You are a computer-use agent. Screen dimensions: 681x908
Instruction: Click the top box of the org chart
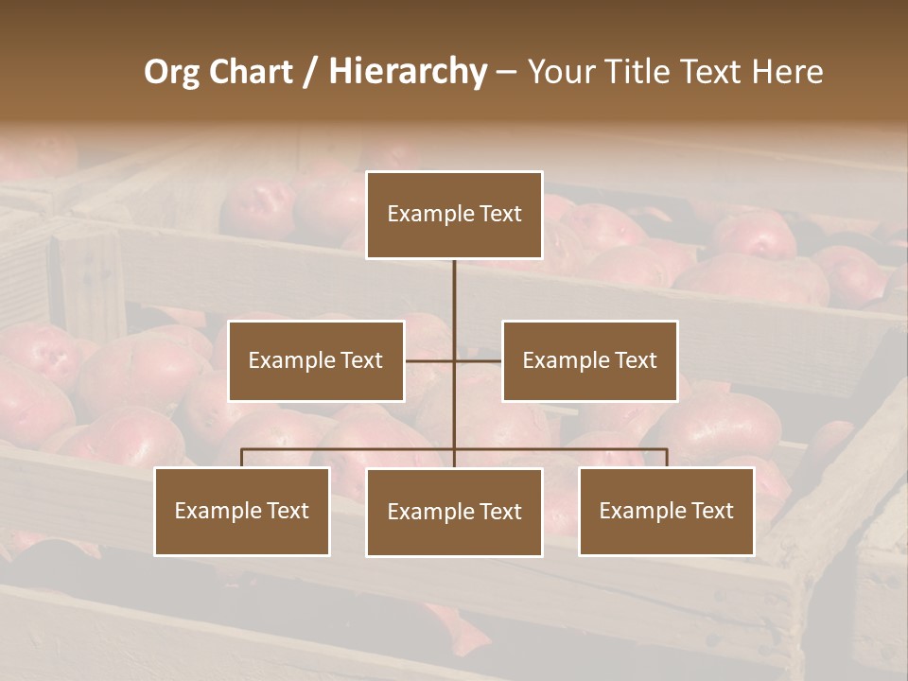click(454, 215)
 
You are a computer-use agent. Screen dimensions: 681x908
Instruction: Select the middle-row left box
click(316, 360)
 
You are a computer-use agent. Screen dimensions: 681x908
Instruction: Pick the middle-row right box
click(589, 360)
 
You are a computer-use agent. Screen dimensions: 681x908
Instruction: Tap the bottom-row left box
click(242, 511)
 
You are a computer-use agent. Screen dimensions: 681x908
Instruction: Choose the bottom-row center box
click(454, 512)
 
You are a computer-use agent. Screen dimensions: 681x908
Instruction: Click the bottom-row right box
click(666, 511)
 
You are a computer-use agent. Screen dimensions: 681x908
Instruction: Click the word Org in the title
click(171, 72)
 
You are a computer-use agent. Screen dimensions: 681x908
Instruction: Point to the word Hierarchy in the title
click(407, 72)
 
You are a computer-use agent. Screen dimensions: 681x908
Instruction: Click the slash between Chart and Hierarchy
click(310, 72)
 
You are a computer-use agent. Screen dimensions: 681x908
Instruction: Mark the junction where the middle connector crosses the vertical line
click(454, 360)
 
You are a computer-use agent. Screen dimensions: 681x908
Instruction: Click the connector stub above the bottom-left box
click(242, 458)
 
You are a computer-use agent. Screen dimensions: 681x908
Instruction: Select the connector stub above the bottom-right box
click(667, 458)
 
